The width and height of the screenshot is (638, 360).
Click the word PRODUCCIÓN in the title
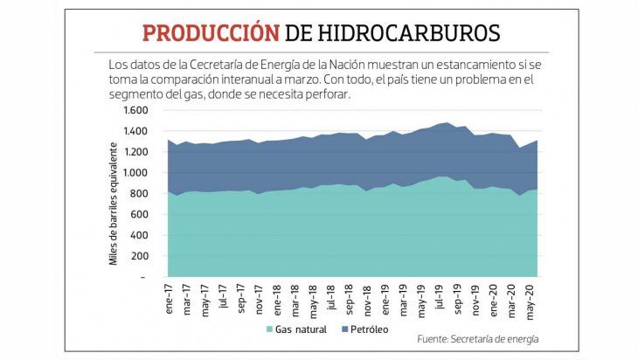(x=211, y=33)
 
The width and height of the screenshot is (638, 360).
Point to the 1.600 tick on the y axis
(x=136, y=110)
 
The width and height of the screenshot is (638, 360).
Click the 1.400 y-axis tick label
(x=136, y=131)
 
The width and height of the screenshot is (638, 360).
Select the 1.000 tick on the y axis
(x=136, y=173)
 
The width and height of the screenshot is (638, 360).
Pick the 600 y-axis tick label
(x=141, y=214)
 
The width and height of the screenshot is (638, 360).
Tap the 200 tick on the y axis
(x=141, y=256)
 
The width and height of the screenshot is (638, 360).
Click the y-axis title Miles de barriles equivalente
(x=114, y=193)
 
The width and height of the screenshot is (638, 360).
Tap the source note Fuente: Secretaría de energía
(x=477, y=338)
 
